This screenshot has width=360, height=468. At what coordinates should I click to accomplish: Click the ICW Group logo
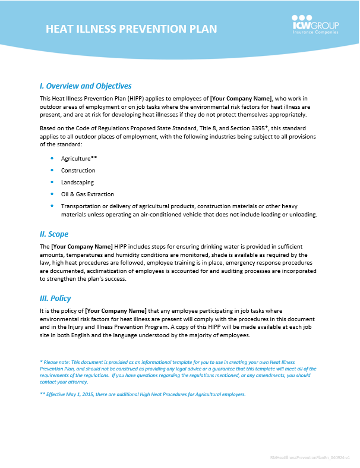point(315,25)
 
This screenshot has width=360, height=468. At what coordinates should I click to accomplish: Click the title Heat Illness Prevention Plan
point(131,29)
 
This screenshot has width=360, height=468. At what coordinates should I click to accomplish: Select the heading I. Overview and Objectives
point(86,86)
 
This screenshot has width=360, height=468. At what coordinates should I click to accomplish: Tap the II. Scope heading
point(54,234)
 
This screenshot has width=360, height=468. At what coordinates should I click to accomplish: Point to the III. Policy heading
point(56,298)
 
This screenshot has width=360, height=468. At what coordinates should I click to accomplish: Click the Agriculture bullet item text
point(76,159)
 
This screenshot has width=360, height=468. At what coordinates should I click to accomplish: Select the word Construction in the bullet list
point(78,171)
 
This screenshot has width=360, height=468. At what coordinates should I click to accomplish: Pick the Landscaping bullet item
point(77,183)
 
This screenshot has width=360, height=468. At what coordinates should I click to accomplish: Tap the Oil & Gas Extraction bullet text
point(87,194)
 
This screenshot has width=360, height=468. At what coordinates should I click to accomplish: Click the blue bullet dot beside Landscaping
point(53,182)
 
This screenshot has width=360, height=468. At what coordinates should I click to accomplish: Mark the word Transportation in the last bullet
point(82,206)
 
